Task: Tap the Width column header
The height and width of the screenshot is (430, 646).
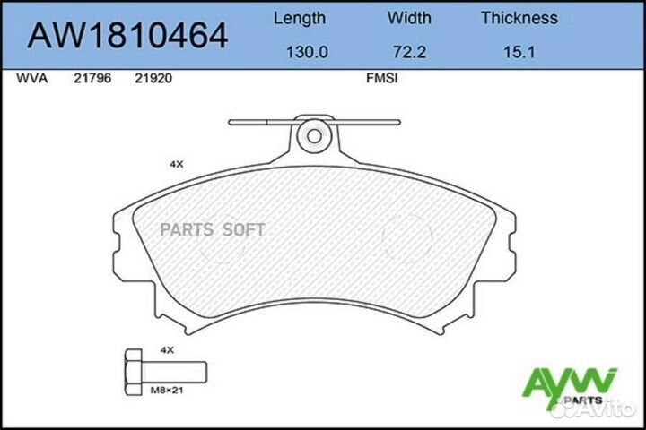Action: tap(409, 18)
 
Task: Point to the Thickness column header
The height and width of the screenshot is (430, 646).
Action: tap(519, 18)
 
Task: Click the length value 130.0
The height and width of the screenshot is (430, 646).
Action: tap(306, 52)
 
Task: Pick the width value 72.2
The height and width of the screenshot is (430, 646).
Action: tap(409, 52)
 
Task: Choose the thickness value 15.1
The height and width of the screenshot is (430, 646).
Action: tap(519, 52)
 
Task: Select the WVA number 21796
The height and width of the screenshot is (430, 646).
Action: tap(89, 78)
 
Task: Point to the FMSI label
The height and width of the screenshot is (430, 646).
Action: tap(382, 78)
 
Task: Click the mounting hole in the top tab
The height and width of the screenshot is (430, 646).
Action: tap(314, 137)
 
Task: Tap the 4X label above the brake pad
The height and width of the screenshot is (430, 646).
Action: tap(176, 165)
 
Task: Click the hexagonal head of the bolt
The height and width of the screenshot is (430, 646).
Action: tap(132, 369)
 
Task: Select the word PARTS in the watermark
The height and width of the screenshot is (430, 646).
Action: tap(186, 230)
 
